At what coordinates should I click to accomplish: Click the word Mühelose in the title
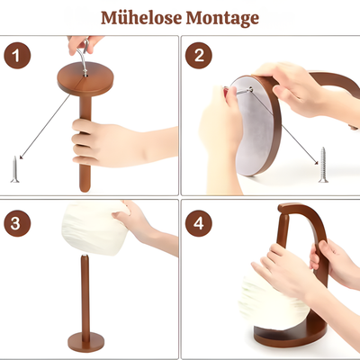(x=141, y=18)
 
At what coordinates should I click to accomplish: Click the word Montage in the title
(x=222, y=19)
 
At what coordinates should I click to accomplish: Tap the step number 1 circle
(x=17, y=56)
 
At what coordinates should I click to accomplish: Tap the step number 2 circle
(x=199, y=56)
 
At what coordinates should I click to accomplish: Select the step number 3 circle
(x=17, y=223)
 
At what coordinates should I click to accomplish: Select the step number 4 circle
(x=199, y=223)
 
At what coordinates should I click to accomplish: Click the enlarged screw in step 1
(x=14, y=169)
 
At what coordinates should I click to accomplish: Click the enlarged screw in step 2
(x=323, y=165)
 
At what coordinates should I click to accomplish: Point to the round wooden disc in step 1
(x=85, y=78)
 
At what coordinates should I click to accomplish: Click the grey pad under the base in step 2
(x=254, y=126)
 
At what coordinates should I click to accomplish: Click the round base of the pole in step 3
(x=85, y=341)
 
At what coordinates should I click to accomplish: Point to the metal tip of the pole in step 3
(x=85, y=256)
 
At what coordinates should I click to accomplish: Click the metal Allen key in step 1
(x=83, y=57)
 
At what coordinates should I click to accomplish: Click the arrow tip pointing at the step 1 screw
(x=20, y=157)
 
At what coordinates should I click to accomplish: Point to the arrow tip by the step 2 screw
(x=317, y=163)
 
